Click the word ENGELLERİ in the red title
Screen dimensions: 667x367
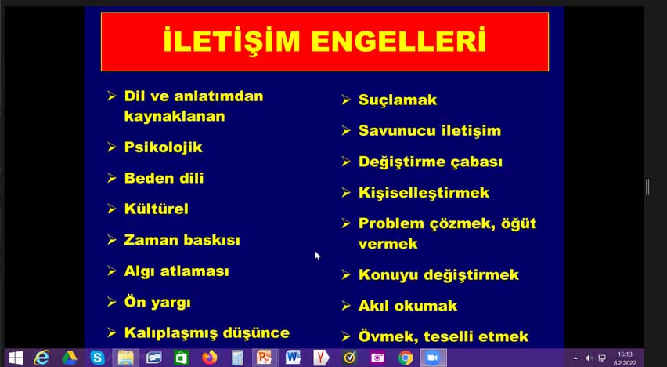tap(398, 40)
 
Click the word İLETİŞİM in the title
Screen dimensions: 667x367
tap(232, 40)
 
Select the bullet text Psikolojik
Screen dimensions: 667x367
tap(164, 147)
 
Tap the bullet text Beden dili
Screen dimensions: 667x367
tap(164, 178)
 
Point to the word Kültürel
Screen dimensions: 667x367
tap(156, 209)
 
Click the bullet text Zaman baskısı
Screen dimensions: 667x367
tap(182, 239)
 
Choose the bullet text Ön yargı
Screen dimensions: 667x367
tap(157, 302)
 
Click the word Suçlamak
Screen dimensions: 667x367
tap(398, 100)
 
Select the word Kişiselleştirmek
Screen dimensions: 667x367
tap(424, 193)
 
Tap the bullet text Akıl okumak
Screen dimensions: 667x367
tap(408, 306)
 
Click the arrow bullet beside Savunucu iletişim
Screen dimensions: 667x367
tap(346, 130)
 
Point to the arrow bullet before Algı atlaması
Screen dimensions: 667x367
tap(111, 271)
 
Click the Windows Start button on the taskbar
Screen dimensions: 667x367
tap(16, 358)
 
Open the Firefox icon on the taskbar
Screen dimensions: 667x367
tap(209, 358)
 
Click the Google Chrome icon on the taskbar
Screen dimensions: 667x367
tap(406, 358)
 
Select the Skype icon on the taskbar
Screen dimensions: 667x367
tap(97, 358)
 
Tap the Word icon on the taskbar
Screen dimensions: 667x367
tap(293, 358)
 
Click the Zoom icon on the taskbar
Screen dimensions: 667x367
tap(433, 358)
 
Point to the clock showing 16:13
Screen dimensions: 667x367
tap(625, 354)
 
